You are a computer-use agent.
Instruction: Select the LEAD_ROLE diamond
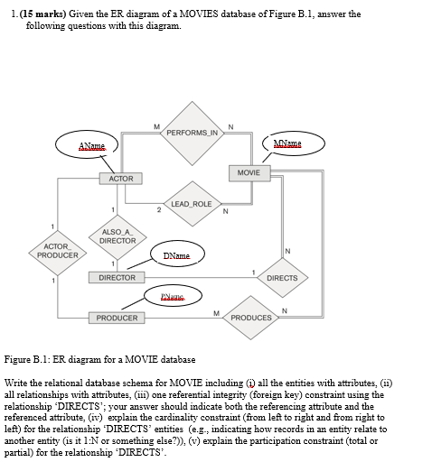point(190,204)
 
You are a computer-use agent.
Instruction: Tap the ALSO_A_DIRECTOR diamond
point(117,236)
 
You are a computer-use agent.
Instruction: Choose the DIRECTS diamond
point(282,278)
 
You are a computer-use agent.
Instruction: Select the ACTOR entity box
point(120,179)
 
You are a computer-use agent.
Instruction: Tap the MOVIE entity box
point(249,171)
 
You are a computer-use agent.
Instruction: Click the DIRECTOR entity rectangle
point(117,278)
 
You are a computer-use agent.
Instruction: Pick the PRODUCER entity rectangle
point(117,318)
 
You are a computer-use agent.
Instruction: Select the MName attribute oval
point(300,145)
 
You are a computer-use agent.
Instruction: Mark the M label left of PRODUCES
point(215,313)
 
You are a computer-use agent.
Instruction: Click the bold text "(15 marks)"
point(42,14)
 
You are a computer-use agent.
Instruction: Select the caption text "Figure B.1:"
point(26,358)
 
